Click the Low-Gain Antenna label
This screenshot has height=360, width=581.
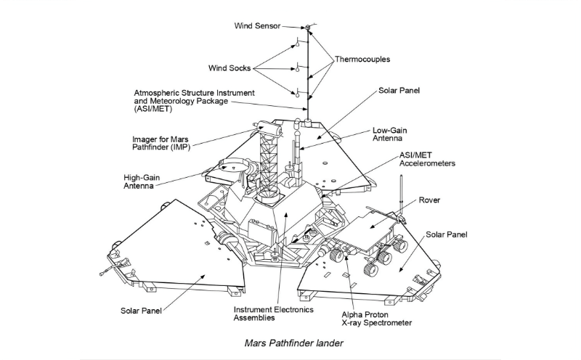coord(390,135)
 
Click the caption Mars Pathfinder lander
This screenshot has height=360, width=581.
coord(291,343)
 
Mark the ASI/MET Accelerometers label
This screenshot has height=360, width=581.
coord(428,160)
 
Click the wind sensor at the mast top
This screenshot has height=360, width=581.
coord(309,28)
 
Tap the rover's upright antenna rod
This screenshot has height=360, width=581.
coord(401,200)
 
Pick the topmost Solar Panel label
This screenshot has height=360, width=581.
coord(399,92)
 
